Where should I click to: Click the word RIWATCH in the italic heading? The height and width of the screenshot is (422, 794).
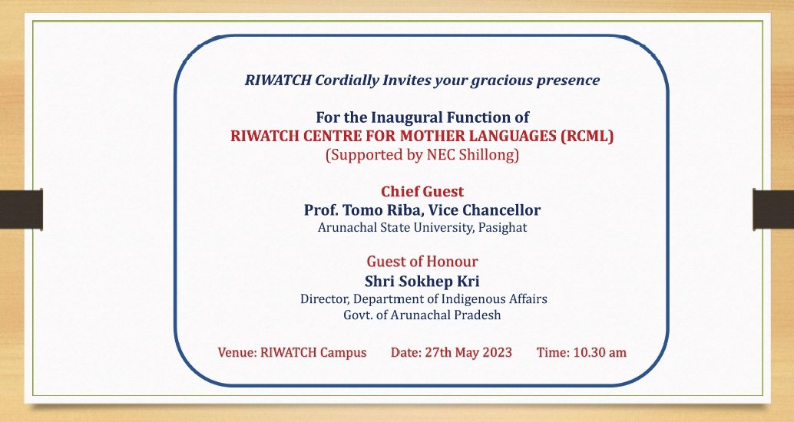(x=277, y=81)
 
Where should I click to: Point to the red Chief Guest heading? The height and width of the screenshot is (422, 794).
(x=422, y=192)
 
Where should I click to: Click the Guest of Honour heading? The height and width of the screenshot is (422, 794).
(x=422, y=262)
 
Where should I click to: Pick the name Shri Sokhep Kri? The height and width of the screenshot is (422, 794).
(x=422, y=282)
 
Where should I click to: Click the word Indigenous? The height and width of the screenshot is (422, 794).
(x=474, y=299)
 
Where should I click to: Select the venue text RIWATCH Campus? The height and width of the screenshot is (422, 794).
(x=313, y=353)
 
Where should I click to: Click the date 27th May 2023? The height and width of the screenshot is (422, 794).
(x=468, y=353)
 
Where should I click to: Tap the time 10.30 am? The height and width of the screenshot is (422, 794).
(x=600, y=353)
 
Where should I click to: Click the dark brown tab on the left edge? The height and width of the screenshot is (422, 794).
(x=22, y=209)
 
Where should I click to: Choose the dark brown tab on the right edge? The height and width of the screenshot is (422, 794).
(x=773, y=209)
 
